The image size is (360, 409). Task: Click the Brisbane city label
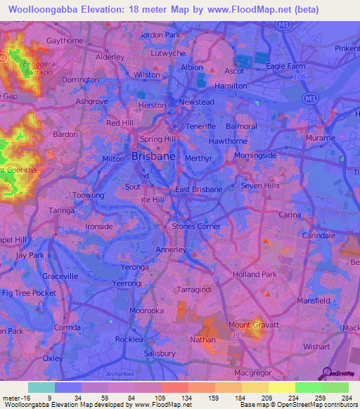(x=153, y=157)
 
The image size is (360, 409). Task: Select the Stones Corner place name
(x=196, y=226)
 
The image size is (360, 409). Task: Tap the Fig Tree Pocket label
(x=28, y=292)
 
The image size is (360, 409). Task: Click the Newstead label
(x=196, y=102)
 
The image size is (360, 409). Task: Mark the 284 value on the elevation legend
(x=345, y=397)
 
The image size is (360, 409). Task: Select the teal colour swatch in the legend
(x=41, y=387)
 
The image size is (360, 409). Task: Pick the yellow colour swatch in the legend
(x=281, y=387)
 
